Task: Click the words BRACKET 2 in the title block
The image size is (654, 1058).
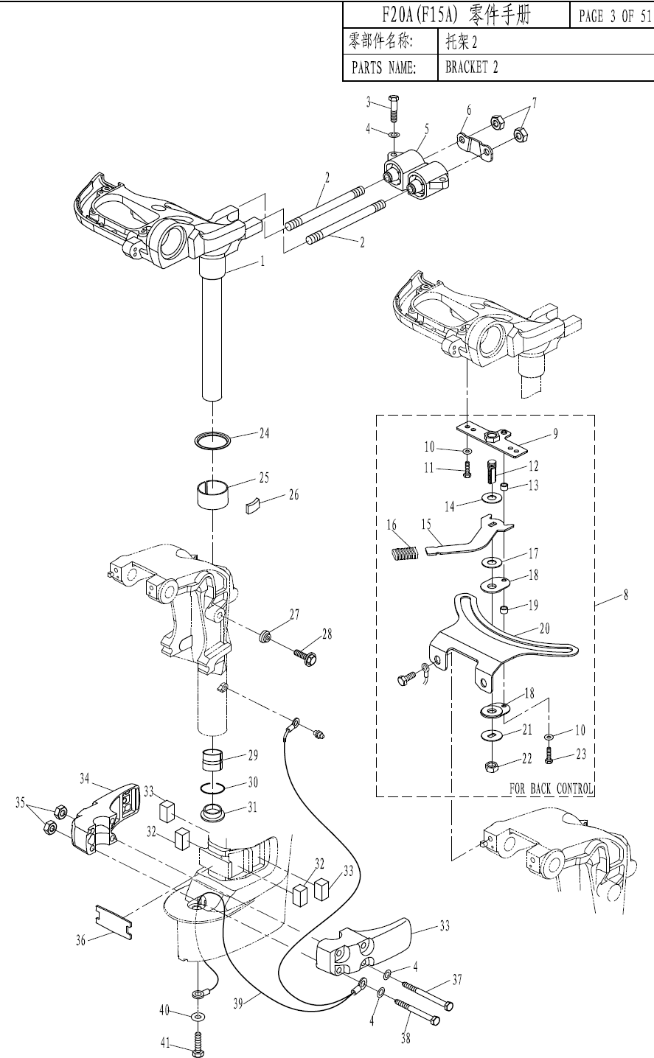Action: (471, 68)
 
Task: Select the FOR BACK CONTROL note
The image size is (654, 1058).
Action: (551, 788)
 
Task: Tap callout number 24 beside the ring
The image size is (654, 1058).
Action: (264, 433)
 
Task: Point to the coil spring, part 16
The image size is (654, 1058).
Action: (405, 553)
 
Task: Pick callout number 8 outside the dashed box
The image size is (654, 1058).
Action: (626, 595)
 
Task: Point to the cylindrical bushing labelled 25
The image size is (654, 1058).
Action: (212, 495)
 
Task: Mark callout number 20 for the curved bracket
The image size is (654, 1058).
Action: (544, 628)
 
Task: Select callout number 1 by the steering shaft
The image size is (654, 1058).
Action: (263, 262)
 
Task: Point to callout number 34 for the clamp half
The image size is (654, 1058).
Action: (84, 779)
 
